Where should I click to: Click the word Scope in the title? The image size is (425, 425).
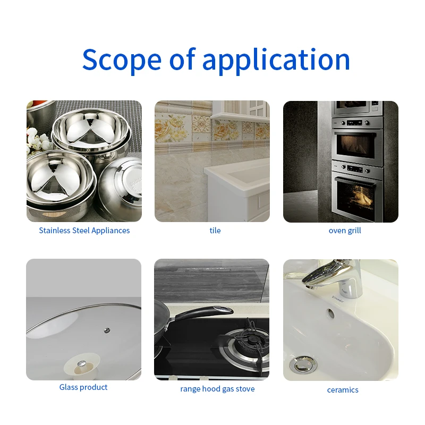tap(121, 59)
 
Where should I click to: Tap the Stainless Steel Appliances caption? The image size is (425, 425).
tap(84, 231)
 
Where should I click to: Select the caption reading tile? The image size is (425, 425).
tap(215, 231)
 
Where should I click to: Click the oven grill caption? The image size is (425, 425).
tap(345, 231)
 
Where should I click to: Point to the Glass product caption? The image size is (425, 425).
tap(83, 387)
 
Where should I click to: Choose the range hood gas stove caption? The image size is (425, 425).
tap(217, 389)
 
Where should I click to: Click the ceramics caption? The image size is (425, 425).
tap(343, 390)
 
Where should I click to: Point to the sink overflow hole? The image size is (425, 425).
tap(331, 313)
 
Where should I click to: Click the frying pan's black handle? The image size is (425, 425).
tap(205, 313)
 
